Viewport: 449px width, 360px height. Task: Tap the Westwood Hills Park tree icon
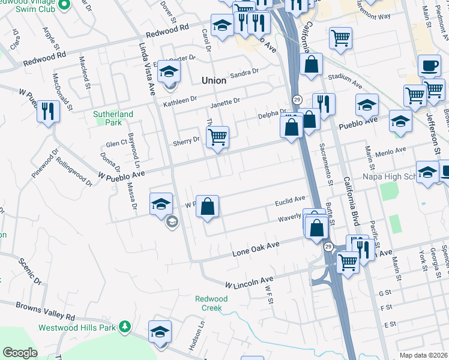pyautogui.click(x=124, y=327)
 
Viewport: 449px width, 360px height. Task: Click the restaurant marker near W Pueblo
pyautogui.click(x=48, y=111)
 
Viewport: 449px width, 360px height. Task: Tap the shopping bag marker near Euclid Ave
pyautogui.click(x=207, y=207)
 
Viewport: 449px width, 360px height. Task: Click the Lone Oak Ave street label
pyautogui.click(x=256, y=249)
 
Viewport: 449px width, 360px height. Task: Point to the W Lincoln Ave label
pyautogui.click(x=249, y=281)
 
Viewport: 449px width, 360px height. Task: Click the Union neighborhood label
pyautogui.click(x=214, y=80)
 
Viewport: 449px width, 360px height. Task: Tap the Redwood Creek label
pyautogui.click(x=208, y=303)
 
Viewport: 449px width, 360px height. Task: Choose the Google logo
pyautogui.click(x=20, y=353)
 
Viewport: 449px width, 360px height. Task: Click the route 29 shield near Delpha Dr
pyautogui.click(x=297, y=99)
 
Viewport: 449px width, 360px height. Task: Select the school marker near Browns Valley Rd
pyautogui.click(x=160, y=331)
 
